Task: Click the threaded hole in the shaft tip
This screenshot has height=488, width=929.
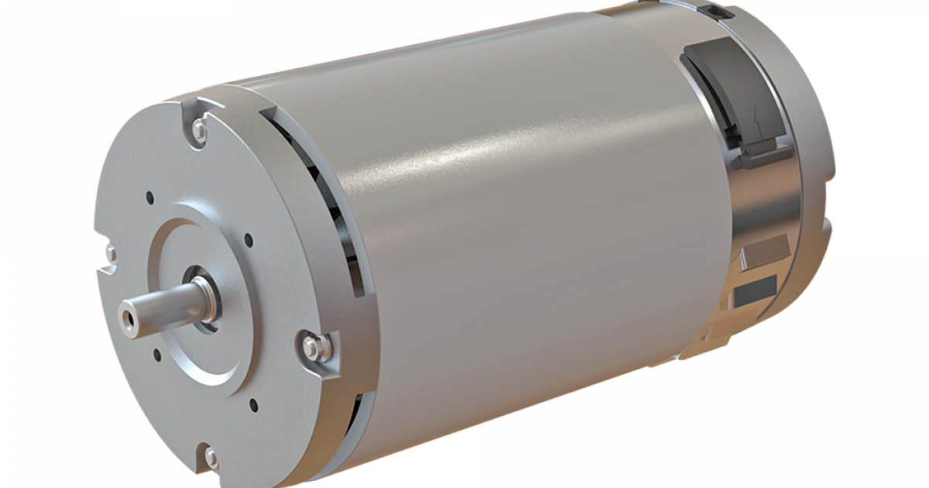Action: pos(125,315)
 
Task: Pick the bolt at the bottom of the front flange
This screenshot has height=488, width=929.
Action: pos(210,457)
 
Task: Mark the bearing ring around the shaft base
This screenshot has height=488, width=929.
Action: pos(203,298)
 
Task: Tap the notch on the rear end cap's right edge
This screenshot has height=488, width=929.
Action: pos(829,225)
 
